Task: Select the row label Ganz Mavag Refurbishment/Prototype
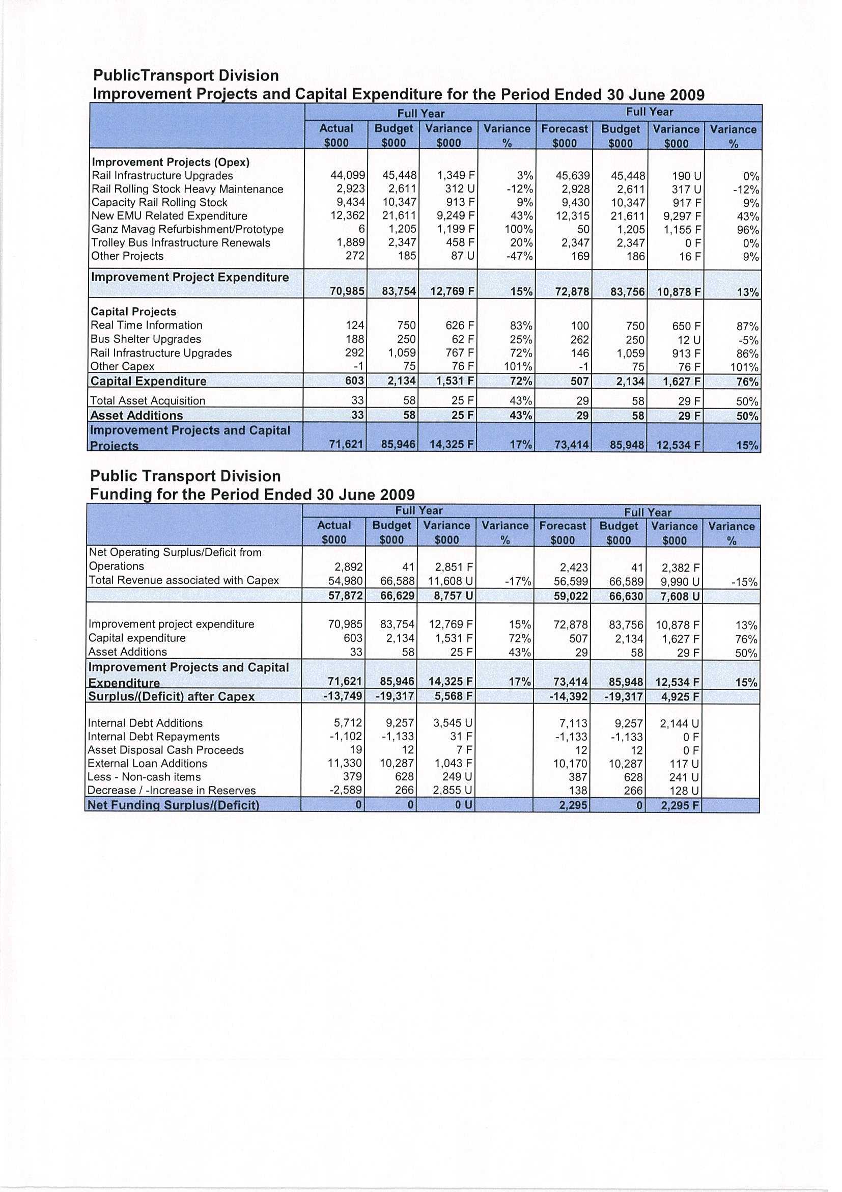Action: [187, 229]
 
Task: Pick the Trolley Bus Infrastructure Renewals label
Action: [181, 243]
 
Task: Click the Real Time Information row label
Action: [146, 326]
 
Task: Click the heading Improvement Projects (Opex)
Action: [170, 162]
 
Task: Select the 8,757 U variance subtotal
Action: [454, 596]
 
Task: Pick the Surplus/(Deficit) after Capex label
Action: [171, 697]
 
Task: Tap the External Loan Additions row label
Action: [147, 764]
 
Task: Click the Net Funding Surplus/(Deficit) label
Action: [173, 805]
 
